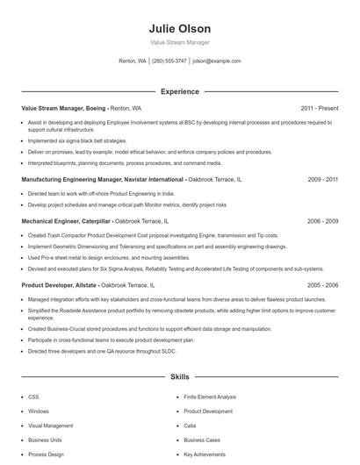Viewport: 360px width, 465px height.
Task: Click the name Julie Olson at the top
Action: [179, 29]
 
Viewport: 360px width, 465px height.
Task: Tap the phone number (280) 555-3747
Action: [169, 61]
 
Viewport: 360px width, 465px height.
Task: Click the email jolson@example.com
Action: [217, 61]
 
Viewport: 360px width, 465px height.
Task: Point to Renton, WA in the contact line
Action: [133, 61]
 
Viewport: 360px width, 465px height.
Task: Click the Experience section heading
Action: [179, 91]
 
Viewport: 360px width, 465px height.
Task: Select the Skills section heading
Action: [179, 377]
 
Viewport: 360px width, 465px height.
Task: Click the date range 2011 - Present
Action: [319, 108]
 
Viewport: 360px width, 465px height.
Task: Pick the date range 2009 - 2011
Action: [322, 178]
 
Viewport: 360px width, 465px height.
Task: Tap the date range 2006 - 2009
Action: [322, 221]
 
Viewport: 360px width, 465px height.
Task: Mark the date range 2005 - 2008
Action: [322, 285]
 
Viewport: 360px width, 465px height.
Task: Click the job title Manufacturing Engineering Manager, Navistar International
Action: [103, 178]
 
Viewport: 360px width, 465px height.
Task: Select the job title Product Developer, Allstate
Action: [60, 285]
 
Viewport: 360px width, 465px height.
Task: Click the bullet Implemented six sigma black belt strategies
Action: [78, 140]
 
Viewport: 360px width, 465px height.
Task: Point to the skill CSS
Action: [32, 397]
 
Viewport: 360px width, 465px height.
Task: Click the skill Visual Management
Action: [51, 426]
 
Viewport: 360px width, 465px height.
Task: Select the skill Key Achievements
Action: [205, 454]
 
